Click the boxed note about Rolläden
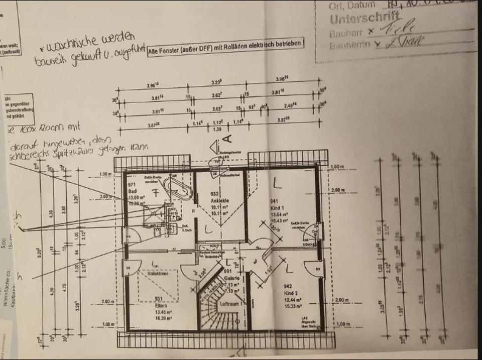(x=225, y=44)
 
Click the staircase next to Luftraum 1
(x=213, y=306)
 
